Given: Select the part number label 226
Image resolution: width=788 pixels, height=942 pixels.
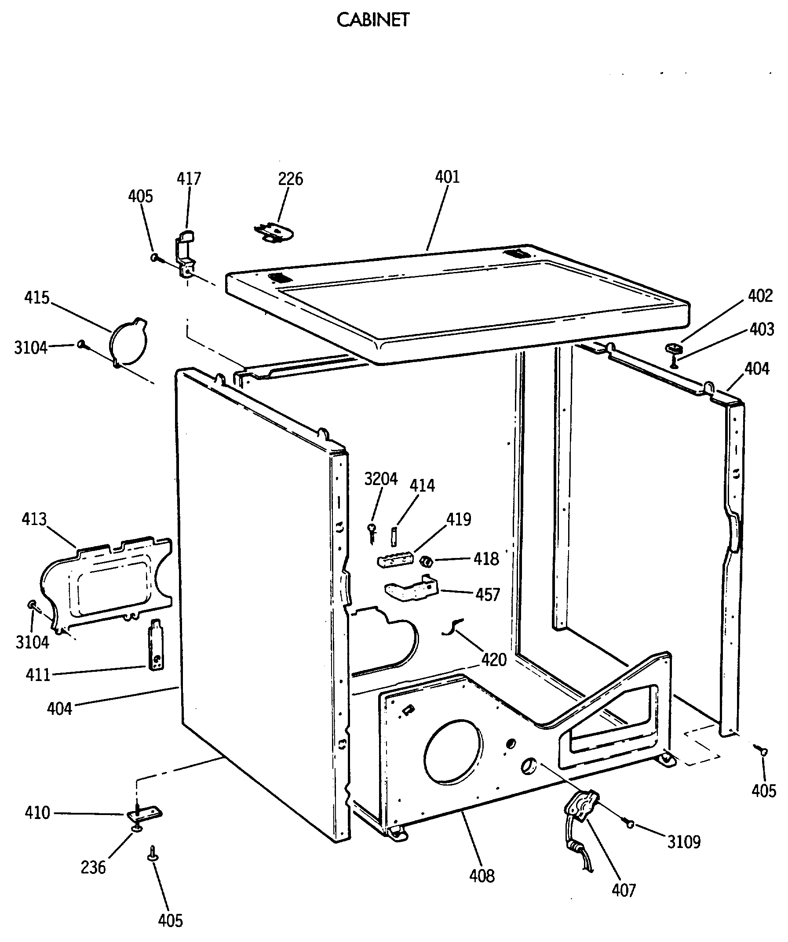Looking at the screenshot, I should [x=291, y=178].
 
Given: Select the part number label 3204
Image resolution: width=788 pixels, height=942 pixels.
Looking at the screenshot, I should [x=381, y=479].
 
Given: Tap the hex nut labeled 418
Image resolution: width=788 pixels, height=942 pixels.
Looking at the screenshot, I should [x=427, y=561].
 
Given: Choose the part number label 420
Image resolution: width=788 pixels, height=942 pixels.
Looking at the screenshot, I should [x=494, y=659].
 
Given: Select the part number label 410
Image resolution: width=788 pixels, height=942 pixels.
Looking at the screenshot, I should [x=37, y=813].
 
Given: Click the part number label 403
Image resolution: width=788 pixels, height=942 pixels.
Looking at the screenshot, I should [x=762, y=329].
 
